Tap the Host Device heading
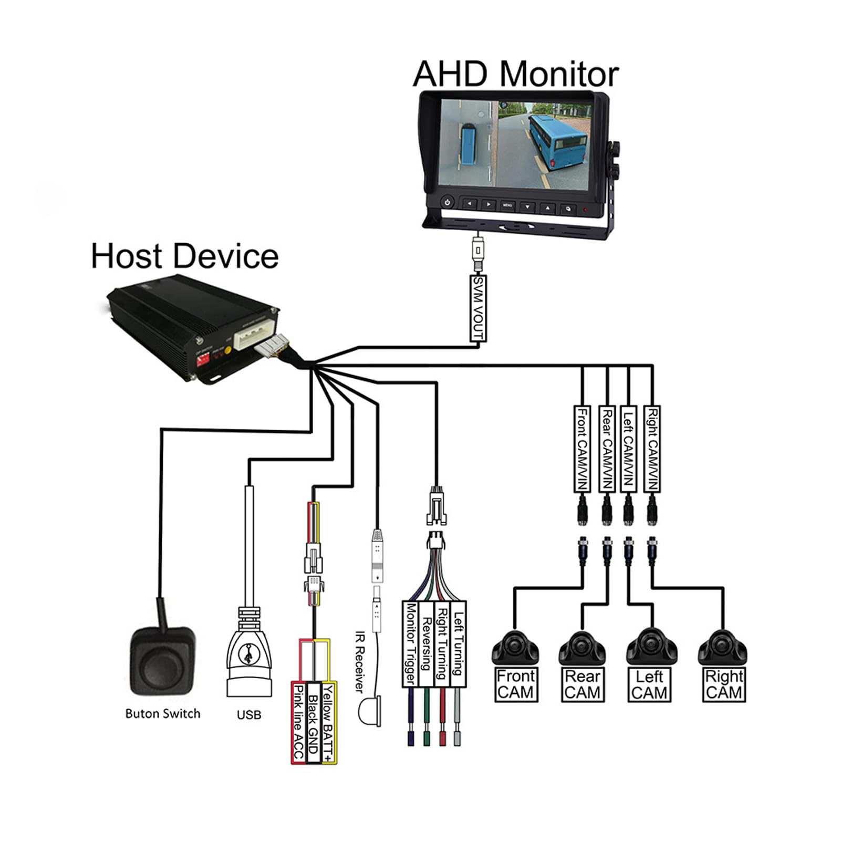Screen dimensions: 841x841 (184, 256)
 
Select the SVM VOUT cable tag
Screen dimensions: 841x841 (478, 308)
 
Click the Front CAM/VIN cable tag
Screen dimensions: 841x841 (582, 449)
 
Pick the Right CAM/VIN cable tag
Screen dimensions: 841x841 (652, 449)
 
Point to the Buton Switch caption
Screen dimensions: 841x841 (163, 713)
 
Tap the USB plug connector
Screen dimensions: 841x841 (249, 652)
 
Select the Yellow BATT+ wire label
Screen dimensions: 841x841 (329, 723)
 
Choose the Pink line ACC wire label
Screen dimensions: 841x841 (298, 723)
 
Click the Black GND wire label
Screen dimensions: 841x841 (314, 723)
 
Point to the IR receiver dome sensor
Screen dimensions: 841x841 (370, 711)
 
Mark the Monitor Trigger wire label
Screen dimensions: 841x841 (410, 644)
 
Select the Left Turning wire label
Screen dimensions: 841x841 (459, 644)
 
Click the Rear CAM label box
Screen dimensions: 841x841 (582, 684)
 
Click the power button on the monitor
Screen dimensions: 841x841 (448, 202)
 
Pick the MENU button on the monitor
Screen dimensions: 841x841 (507, 205)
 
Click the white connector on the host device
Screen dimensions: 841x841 (253, 335)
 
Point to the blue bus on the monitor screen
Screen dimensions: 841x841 (557, 141)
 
